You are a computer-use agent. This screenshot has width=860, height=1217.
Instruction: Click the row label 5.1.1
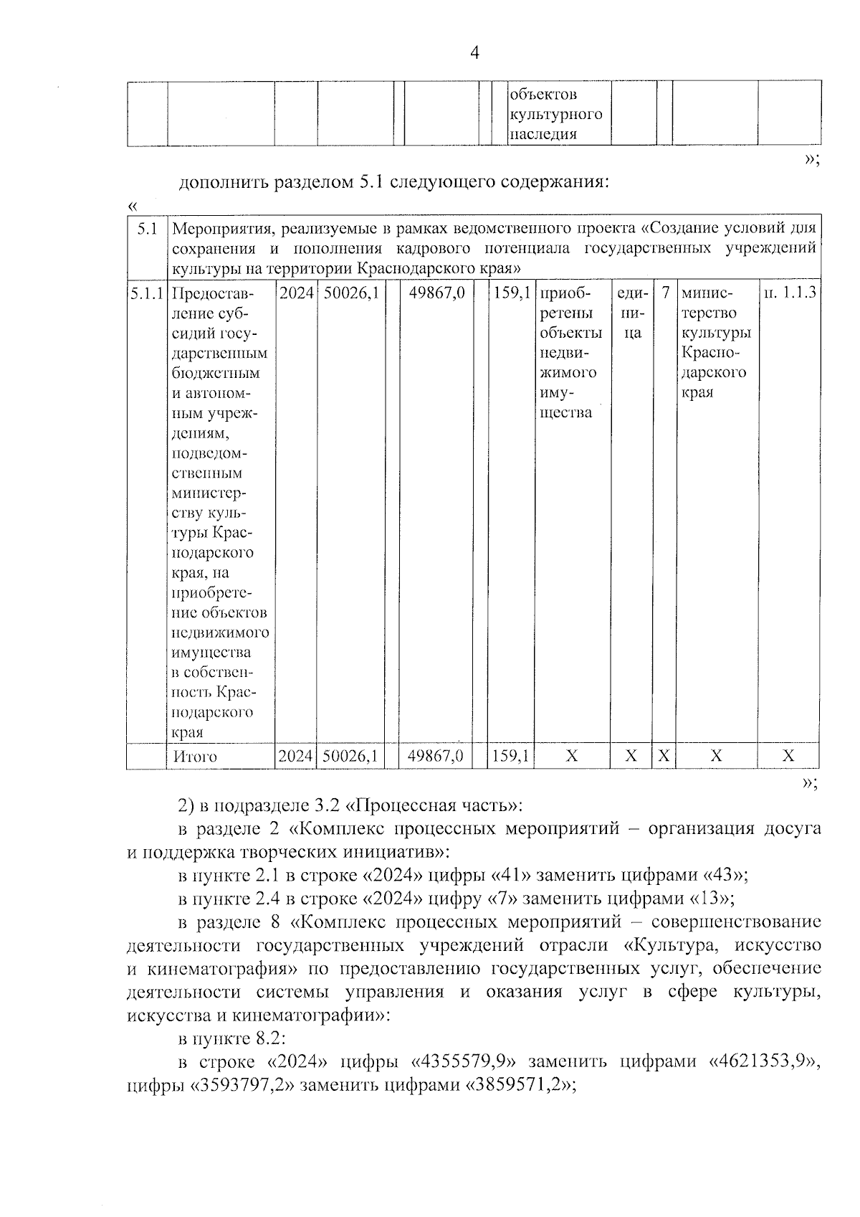point(146,293)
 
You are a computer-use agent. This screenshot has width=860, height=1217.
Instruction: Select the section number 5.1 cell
point(146,229)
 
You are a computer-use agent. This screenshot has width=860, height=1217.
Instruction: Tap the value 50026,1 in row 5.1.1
point(350,293)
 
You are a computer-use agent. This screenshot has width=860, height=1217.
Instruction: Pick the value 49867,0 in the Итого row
point(436,756)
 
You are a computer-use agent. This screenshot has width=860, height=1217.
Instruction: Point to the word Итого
point(195,757)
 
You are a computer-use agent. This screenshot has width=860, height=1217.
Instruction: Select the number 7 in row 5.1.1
point(665,293)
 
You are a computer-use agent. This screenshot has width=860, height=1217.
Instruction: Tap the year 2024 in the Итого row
point(295,756)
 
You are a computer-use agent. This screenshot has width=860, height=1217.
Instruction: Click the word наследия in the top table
point(543,135)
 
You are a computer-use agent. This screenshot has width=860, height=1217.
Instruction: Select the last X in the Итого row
point(788,756)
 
